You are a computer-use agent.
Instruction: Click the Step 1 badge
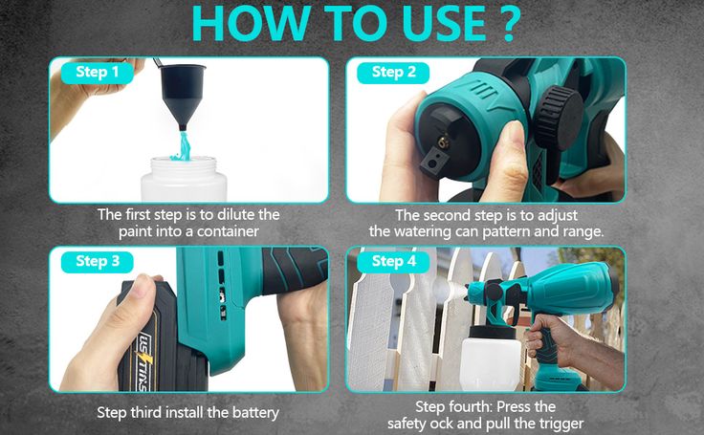tap(97, 73)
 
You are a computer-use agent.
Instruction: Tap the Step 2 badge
tap(393, 73)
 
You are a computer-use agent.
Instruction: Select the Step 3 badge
tap(97, 262)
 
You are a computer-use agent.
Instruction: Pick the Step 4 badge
tap(393, 262)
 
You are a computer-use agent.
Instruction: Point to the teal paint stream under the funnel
tap(183, 146)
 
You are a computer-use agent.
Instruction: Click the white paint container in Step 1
tap(184, 179)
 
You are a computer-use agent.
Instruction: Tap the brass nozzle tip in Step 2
tap(444, 142)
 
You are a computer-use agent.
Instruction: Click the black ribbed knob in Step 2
tap(559, 118)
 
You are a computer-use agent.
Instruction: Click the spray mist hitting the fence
tap(449, 291)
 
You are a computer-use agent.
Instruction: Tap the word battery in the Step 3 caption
tap(255, 413)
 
